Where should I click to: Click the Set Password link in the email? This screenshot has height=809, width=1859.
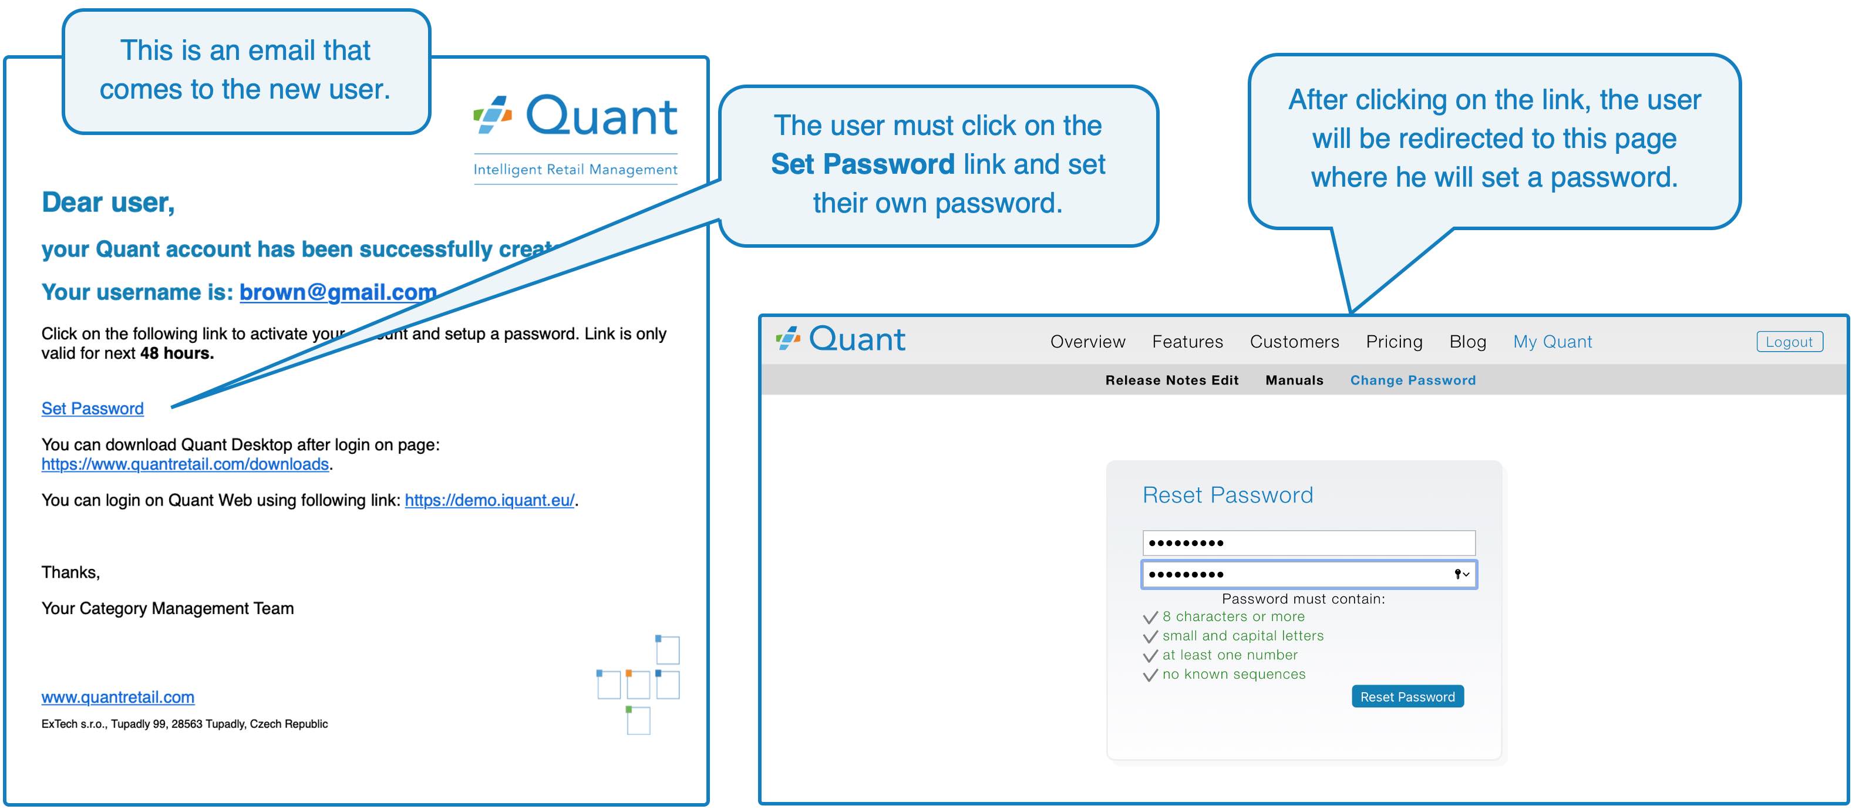click(x=92, y=409)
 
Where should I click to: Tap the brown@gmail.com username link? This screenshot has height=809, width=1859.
click(x=338, y=292)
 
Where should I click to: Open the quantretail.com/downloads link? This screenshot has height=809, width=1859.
click(x=185, y=464)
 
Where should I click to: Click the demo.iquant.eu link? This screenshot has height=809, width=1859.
click(x=489, y=500)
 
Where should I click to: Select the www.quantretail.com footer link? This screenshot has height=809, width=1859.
click(x=117, y=697)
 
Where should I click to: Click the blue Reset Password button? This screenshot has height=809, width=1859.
click(x=1407, y=696)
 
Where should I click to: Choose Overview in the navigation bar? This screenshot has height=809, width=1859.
click(x=1087, y=341)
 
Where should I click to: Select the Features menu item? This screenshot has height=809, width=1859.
click(x=1187, y=341)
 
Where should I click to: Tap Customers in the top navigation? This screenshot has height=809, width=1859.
click(x=1294, y=341)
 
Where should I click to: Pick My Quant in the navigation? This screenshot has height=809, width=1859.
click(x=1552, y=341)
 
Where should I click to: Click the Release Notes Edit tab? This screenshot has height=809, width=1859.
click(x=1171, y=380)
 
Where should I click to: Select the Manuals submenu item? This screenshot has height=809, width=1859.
click(x=1294, y=380)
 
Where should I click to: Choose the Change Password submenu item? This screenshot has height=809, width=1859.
click(x=1413, y=380)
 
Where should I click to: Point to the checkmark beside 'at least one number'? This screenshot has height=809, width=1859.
click(x=1150, y=655)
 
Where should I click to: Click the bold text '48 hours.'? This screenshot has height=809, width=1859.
click(x=177, y=353)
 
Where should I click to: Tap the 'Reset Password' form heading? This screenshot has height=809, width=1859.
click(x=1228, y=495)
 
